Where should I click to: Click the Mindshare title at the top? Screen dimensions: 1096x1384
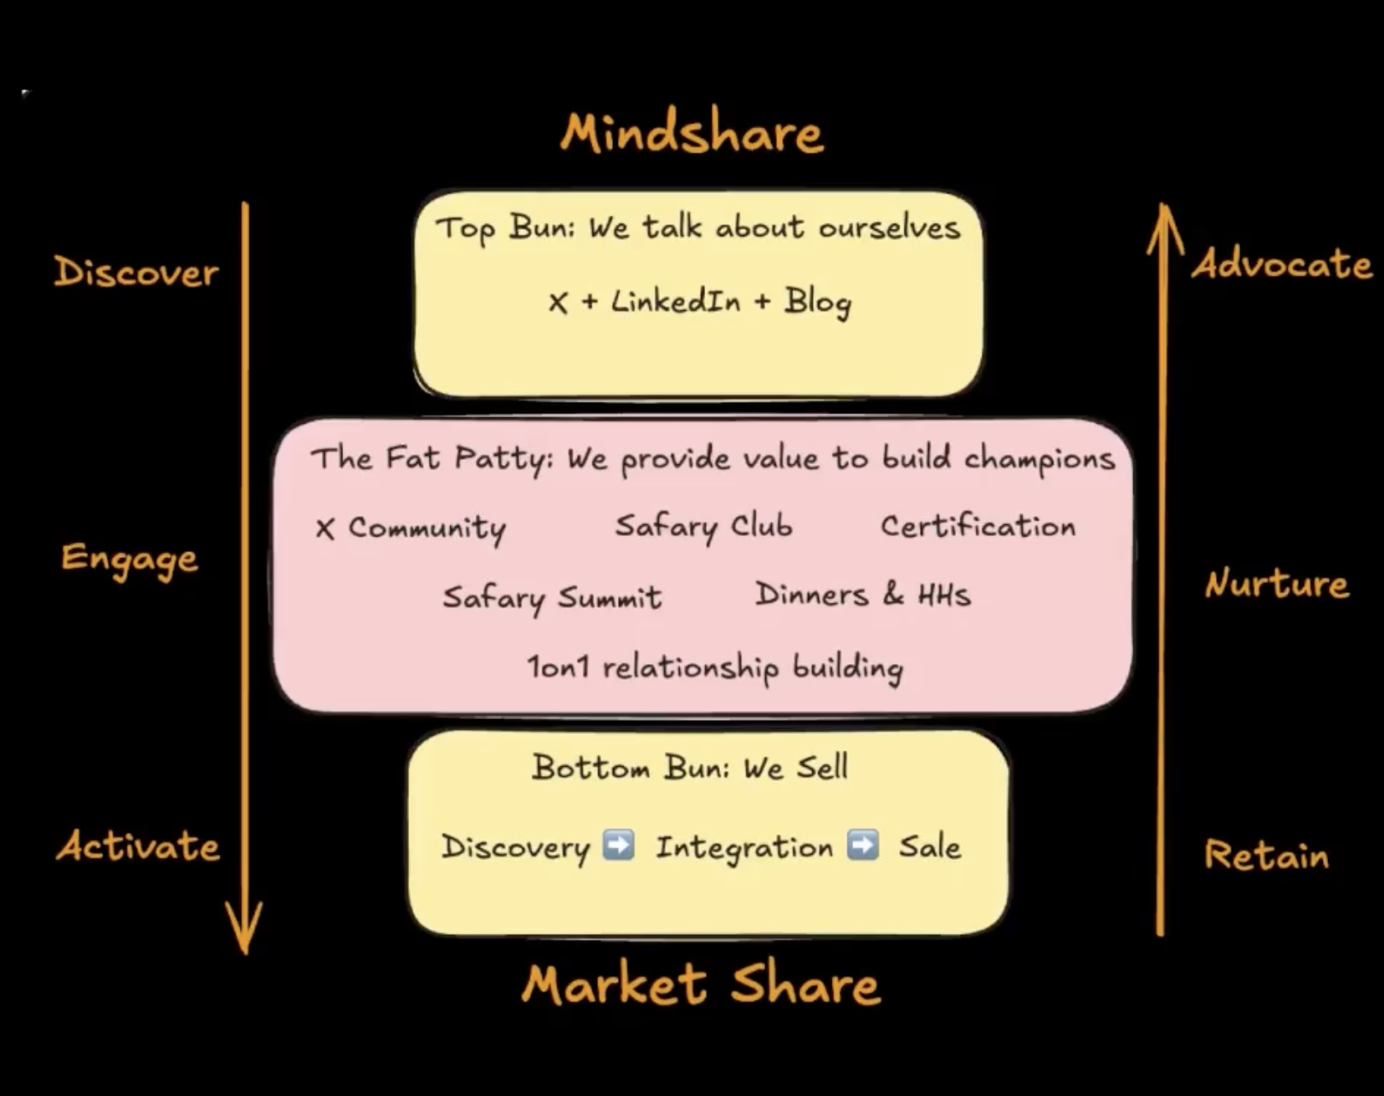point(691,133)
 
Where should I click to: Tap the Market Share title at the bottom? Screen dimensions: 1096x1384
point(701,985)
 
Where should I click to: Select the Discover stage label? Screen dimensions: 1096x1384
point(136,272)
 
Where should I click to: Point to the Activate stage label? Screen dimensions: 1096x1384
point(138,846)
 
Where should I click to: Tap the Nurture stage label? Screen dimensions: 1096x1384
point(1276,584)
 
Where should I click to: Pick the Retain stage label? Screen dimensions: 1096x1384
point(1266,856)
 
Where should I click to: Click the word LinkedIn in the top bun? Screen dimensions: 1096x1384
point(676,302)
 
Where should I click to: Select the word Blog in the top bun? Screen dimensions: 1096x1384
point(817,303)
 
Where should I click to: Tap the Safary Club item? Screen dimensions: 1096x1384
point(704,527)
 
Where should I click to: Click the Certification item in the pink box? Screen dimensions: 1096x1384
point(978,526)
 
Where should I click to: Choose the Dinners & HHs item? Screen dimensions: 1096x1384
point(862,595)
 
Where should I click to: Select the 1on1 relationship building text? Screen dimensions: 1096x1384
point(714,667)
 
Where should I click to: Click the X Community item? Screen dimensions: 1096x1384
point(411,528)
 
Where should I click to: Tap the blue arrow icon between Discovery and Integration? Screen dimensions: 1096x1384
point(618,846)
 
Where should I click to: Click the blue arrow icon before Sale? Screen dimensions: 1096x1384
point(862,846)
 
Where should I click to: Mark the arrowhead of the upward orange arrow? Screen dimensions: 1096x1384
point(1163,222)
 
